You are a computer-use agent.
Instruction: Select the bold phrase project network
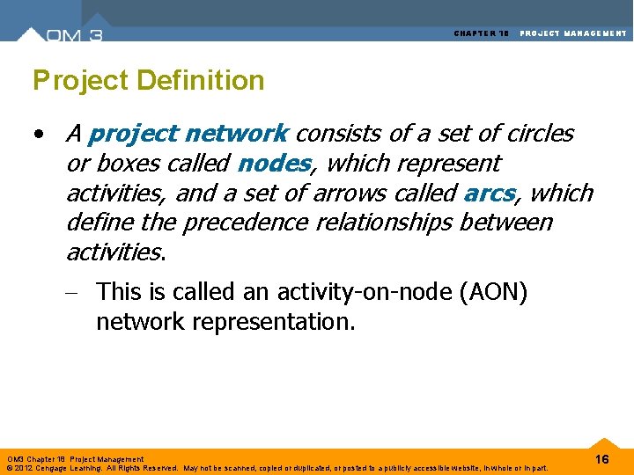click(188, 134)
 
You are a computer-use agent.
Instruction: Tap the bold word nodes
click(274, 164)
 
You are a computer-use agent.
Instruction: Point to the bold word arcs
click(489, 193)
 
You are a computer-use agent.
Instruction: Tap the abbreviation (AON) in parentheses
click(493, 291)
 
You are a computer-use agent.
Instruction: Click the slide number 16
click(602, 460)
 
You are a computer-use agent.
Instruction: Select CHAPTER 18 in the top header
click(482, 33)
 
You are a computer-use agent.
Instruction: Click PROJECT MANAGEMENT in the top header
click(573, 33)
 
